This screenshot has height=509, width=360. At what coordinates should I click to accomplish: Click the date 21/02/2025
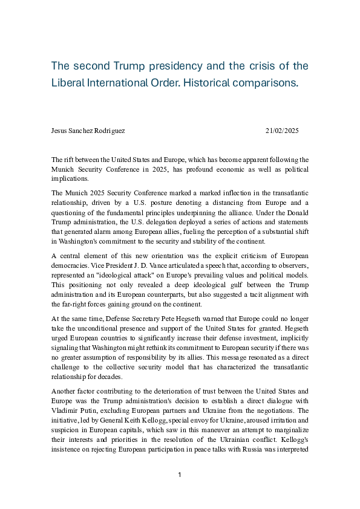pyautogui.click(x=282, y=131)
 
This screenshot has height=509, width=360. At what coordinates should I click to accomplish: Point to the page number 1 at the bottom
pyautogui.click(x=180, y=475)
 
